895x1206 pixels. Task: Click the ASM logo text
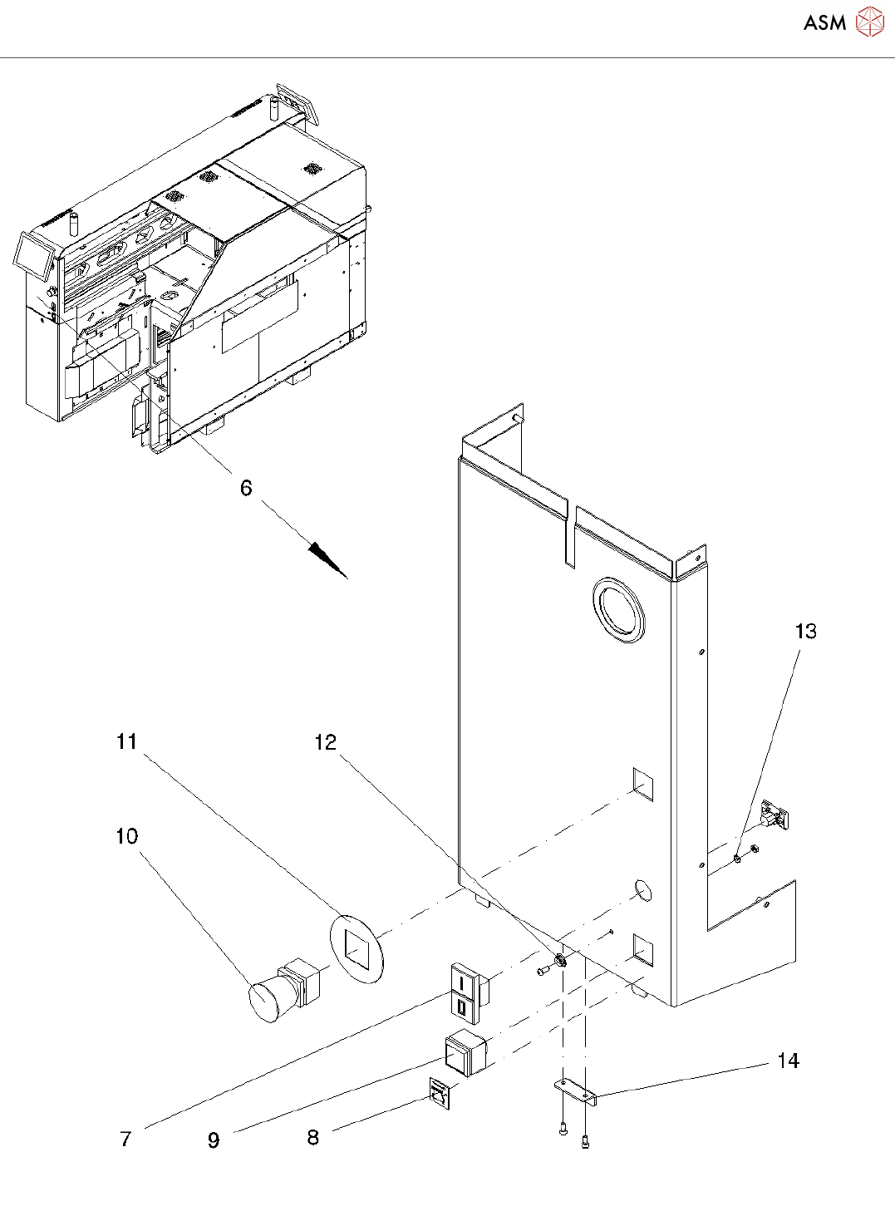click(x=825, y=22)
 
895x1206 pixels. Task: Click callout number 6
click(x=246, y=488)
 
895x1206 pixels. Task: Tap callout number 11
click(x=126, y=741)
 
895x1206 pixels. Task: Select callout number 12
click(x=326, y=743)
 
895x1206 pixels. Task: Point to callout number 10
click(x=127, y=836)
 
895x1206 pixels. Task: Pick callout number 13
click(x=806, y=632)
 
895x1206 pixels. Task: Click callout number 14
click(x=789, y=1061)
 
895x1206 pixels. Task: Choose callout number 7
click(x=125, y=1139)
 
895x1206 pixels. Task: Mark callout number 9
click(x=214, y=1140)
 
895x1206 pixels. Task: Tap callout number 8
click(x=312, y=1137)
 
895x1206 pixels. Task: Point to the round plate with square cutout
click(x=357, y=948)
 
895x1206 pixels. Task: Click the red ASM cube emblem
click(x=870, y=22)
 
